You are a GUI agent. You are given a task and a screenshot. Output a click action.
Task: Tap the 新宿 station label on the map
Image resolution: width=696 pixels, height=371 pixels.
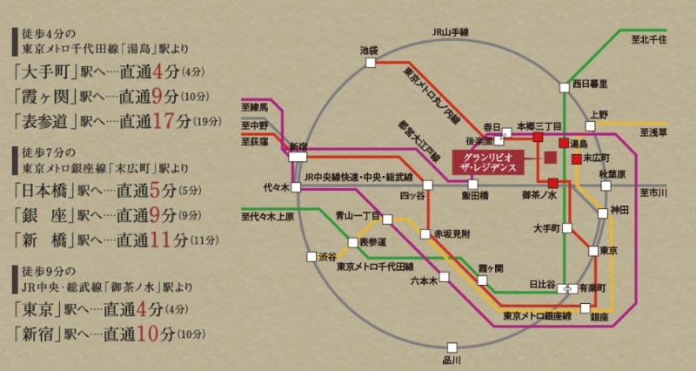pyautogui.click(x=298, y=146)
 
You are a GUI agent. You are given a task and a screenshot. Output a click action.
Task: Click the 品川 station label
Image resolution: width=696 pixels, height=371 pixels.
pyautogui.click(x=450, y=359)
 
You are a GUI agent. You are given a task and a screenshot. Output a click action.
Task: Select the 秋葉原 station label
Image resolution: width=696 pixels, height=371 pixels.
pyautogui.click(x=612, y=175)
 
